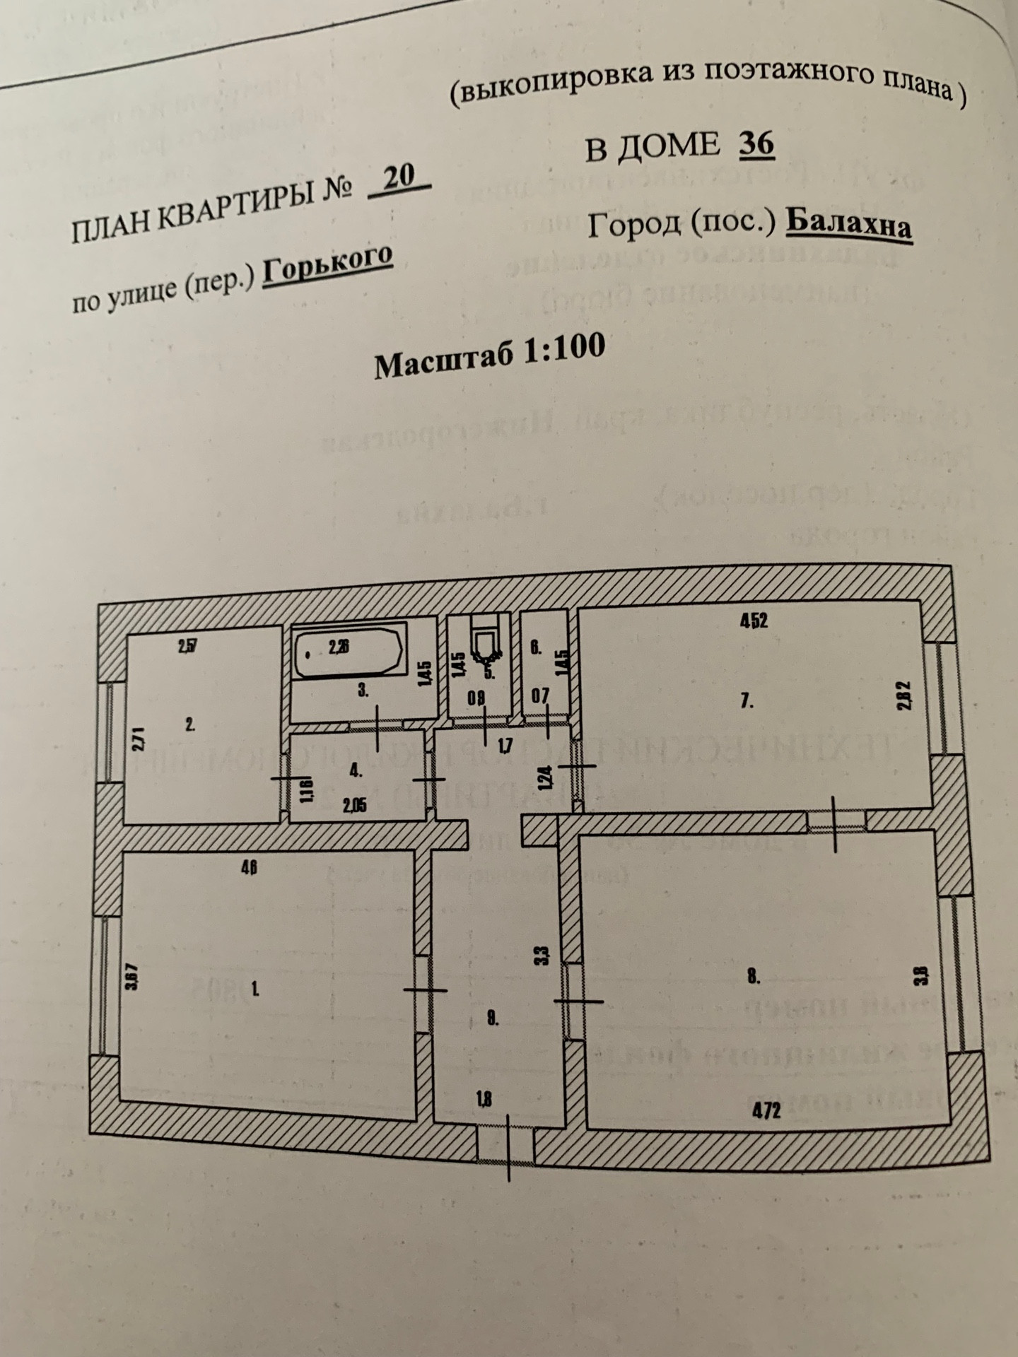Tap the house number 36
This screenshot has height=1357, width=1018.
point(756,143)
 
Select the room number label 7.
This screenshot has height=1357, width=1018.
point(748,701)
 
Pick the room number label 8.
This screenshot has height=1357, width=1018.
point(753,978)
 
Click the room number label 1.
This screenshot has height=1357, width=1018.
point(255,989)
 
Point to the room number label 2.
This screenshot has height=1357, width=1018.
point(189,724)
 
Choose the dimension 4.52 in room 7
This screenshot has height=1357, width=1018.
point(754,621)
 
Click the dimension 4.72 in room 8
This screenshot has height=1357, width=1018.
point(766,1110)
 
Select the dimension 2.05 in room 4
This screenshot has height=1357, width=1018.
point(354,805)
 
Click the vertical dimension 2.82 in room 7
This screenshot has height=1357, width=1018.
point(907,694)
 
